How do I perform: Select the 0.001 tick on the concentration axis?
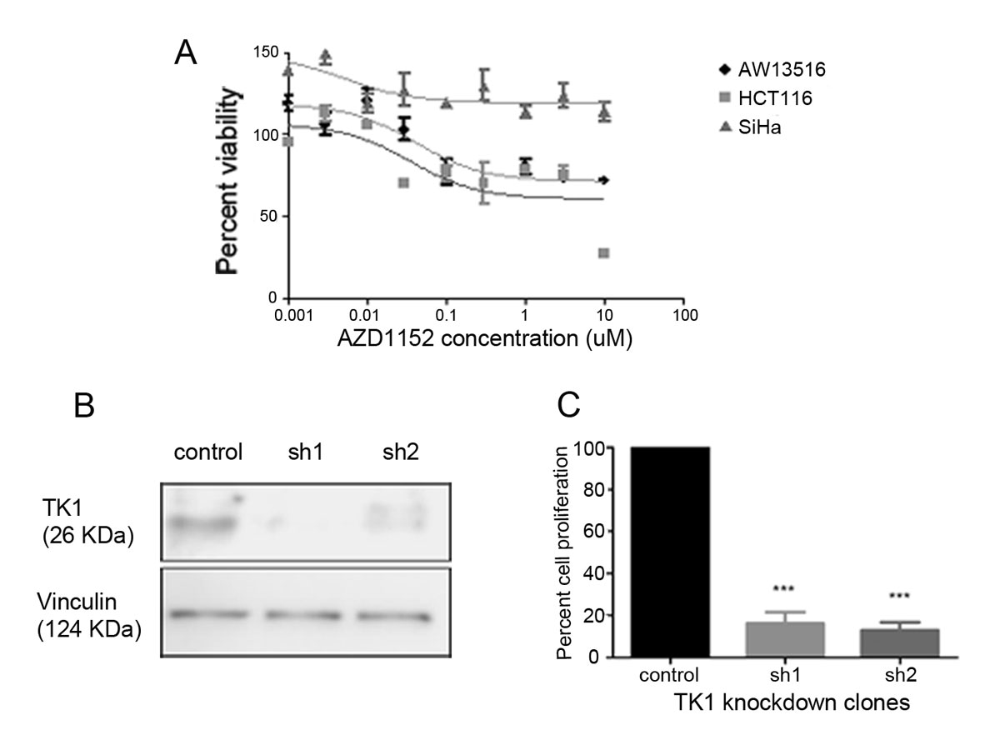(287, 317)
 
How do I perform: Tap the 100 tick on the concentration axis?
(684, 317)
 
